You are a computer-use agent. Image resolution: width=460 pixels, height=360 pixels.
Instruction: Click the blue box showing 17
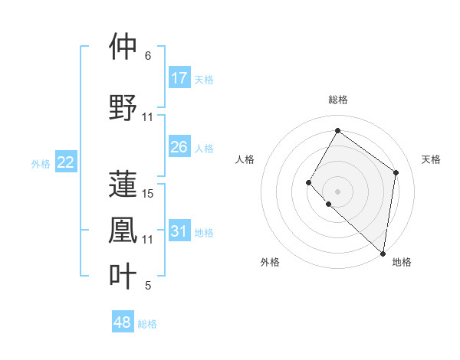click(179, 78)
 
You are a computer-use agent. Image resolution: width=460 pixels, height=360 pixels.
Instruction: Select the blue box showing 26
click(179, 147)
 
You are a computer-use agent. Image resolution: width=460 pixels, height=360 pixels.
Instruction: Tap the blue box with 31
click(179, 231)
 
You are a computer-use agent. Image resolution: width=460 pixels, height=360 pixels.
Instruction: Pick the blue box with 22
click(66, 162)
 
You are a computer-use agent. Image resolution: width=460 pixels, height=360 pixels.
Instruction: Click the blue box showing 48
click(123, 322)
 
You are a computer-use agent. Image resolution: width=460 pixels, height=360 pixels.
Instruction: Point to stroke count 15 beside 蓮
click(149, 194)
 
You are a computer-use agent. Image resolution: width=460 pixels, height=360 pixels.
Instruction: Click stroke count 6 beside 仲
click(148, 56)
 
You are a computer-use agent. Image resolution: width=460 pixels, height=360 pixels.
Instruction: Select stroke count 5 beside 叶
click(148, 286)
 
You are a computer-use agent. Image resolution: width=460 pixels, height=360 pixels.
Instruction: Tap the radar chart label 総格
click(337, 100)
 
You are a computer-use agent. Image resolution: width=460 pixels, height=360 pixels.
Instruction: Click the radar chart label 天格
click(431, 159)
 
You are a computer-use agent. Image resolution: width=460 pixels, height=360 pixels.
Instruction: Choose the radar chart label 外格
click(270, 262)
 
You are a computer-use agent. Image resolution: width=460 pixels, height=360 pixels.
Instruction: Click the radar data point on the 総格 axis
click(337, 130)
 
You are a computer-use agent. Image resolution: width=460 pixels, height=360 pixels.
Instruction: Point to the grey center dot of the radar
click(337, 191)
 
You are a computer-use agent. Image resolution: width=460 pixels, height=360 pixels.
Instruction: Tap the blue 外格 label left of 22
click(41, 163)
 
